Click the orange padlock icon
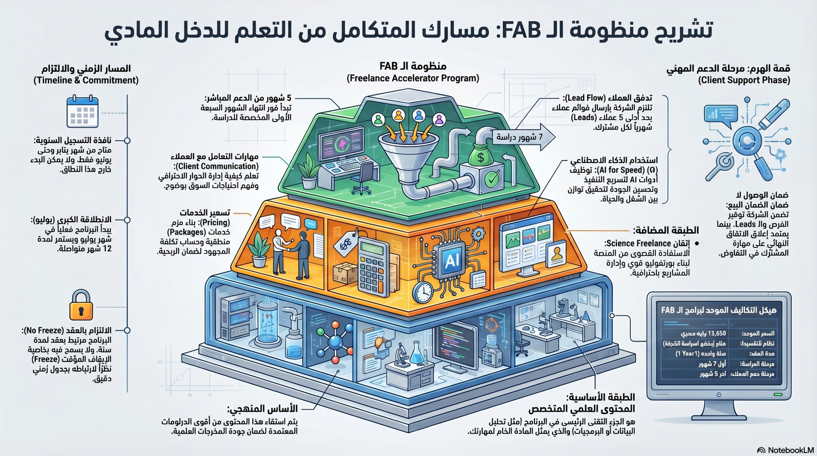(81, 305)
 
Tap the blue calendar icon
(82, 112)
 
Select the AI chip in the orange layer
(451, 261)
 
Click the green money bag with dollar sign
(480, 156)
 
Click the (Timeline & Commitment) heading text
(86, 80)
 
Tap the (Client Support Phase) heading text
(744, 80)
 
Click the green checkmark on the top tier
(492, 179)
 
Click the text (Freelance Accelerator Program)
(413, 78)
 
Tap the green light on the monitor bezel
(777, 395)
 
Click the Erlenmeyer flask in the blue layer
(417, 352)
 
